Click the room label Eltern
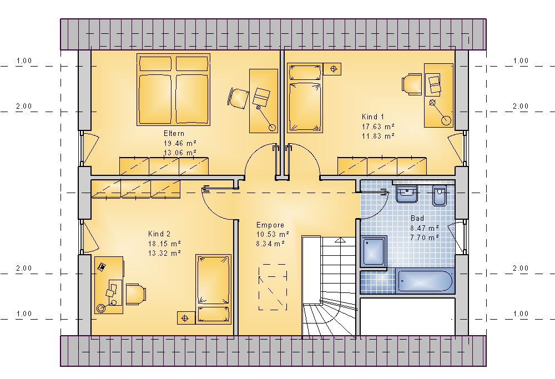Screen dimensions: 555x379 pyautogui.click(x=174, y=133)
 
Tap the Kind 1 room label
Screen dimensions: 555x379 pyautogui.click(x=373, y=117)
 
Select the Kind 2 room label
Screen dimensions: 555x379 pyautogui.click(x=159, y=234)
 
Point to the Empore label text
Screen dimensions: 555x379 pyautogui.click(x=270, y=225)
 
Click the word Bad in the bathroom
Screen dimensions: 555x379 pyautogui.click(x=417, y=218)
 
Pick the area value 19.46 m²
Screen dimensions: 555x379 pyautogui.click(x=180, y=143)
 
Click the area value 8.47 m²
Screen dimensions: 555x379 pyautogui.click(x=425, y=228)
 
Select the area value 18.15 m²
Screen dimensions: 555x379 pyautogui.click(x=165, y=244)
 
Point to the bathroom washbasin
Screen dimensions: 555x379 pyautogui.click(x=407, y=194)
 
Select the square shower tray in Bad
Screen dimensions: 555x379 pyautogui.click(x=374, y=251)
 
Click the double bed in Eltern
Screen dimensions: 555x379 pyautogui.click(x=173, y=89)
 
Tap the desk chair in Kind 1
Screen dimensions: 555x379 pyautogui.click(x=411, y=84)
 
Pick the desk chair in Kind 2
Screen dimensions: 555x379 pyautogui.click(x=135, y=294)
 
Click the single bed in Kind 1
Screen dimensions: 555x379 pyautogui.click(x=305, y=98)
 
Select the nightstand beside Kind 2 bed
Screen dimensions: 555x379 pyautogui.click(x=186, y=318)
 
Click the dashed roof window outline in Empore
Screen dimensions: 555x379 pyautogui.click(x=273, y=287)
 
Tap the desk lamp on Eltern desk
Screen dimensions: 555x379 pyautogui.click(x=265, y=117)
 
